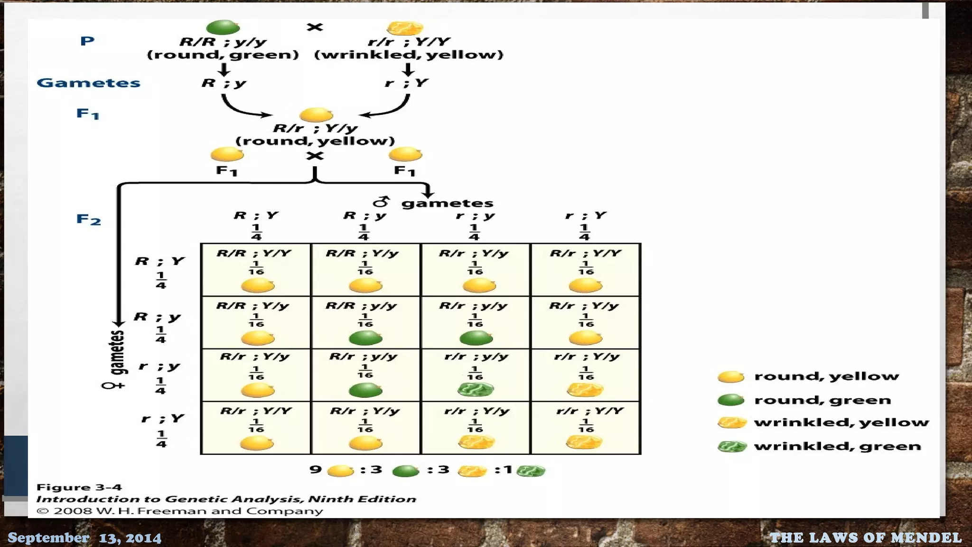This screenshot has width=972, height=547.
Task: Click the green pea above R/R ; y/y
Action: pyautogui.click(x=223, y=27)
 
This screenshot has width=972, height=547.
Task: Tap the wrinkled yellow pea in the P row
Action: pyautogui.click(x=404, y=28)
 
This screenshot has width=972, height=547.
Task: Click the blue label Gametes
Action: pyautogui.click(x=89, y=83)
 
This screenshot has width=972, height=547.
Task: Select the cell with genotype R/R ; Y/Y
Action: pyautogui.click(x=256, y=270)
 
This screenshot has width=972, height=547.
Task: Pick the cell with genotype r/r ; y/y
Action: pyautogui.click(x=475, y=375)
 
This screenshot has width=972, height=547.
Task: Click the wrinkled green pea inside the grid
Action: pyautogui.click(x=475, y=390)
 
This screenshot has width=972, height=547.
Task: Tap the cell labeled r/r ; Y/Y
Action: pyautogui.click(x=585, y=427)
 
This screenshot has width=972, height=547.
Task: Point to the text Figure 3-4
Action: pyautogui.click(x=79, y=487)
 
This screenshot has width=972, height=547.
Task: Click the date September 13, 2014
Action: pyautogui.click(x=84, y=538)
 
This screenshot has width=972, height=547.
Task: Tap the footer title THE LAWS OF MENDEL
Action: pyautogui.click(x=865, y=538)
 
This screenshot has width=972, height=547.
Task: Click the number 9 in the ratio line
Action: pyautogui.click(x=315, y=470)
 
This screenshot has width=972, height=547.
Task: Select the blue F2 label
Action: pyautogui.click(x=89, y=219)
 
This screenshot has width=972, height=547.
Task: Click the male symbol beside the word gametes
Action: pyautogui.click(x=381, y=202)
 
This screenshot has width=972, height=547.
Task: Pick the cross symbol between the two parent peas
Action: pyautogui.click(x=315, y=27)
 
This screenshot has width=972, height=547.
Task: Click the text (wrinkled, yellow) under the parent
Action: pyautogui.click(x=409, y=55)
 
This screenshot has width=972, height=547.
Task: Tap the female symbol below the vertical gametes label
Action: pyautogui.click(x=113, y=386)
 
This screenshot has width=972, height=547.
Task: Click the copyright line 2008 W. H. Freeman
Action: pyautogui.click(x=179, y=511)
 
